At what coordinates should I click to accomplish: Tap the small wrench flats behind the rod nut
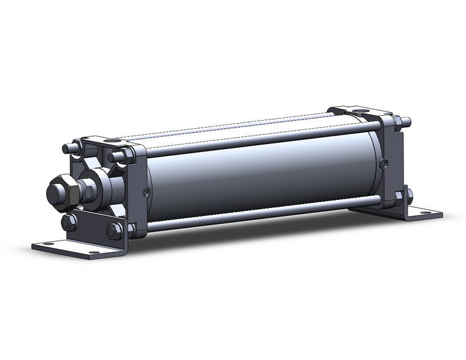pos(87,191)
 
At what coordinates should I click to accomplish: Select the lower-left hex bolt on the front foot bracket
pos(69,222)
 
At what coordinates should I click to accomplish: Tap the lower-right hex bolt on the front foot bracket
pos(114,231)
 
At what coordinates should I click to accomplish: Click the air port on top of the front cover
pos(112,141)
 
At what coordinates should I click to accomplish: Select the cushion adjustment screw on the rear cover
pos(384,163)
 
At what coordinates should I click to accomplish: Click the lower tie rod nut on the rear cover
pos(399,196)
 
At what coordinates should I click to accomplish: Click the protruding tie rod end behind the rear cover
pos(407,121)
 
